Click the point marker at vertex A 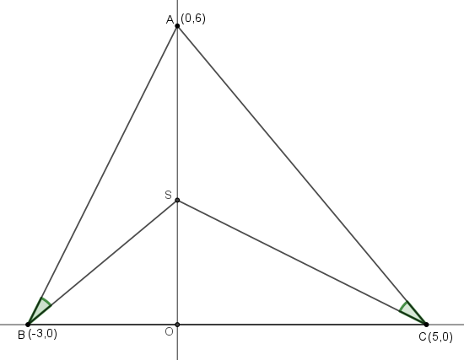tap(177, 26)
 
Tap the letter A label tap(170, 20)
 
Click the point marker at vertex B tap(28, 325)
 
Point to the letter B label tap(21, 336)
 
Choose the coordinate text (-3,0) tap(43, 334)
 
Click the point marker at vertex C tap(426, 325)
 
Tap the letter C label tap(423, 337)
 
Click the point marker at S tap(177, 201)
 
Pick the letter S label tap(168, 195)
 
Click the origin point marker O tap(177, 325)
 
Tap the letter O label tap(169, 332)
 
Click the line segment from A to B tap(103, 175)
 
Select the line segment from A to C tap(302, 175)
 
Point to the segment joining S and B tap(103, 262)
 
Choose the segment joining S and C tap(302, 262)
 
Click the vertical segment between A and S tap(177, 113)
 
